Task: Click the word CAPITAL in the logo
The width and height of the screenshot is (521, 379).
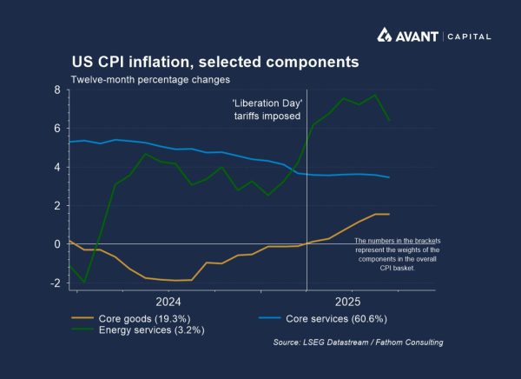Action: [x=470, y=37]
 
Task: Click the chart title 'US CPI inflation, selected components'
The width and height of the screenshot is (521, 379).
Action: [x=214, y=63]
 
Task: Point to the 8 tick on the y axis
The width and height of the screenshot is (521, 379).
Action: [x=56, y=90]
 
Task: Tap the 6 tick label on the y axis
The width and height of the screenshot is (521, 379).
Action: [x=56, y=128]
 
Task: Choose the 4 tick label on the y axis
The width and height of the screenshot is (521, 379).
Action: [x=56, y=167]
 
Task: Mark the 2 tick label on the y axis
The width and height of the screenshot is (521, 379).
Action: [x=56, y=205]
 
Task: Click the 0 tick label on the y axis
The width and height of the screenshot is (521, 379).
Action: [x=56, y=244]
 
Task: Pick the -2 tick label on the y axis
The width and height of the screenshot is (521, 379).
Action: [x=55, y=283]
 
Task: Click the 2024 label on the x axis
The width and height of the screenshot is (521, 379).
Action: [x=168, y=302]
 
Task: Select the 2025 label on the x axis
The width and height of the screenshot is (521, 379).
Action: [x=347, y=302]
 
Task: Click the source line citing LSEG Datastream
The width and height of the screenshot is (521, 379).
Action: [x=358, y=342]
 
